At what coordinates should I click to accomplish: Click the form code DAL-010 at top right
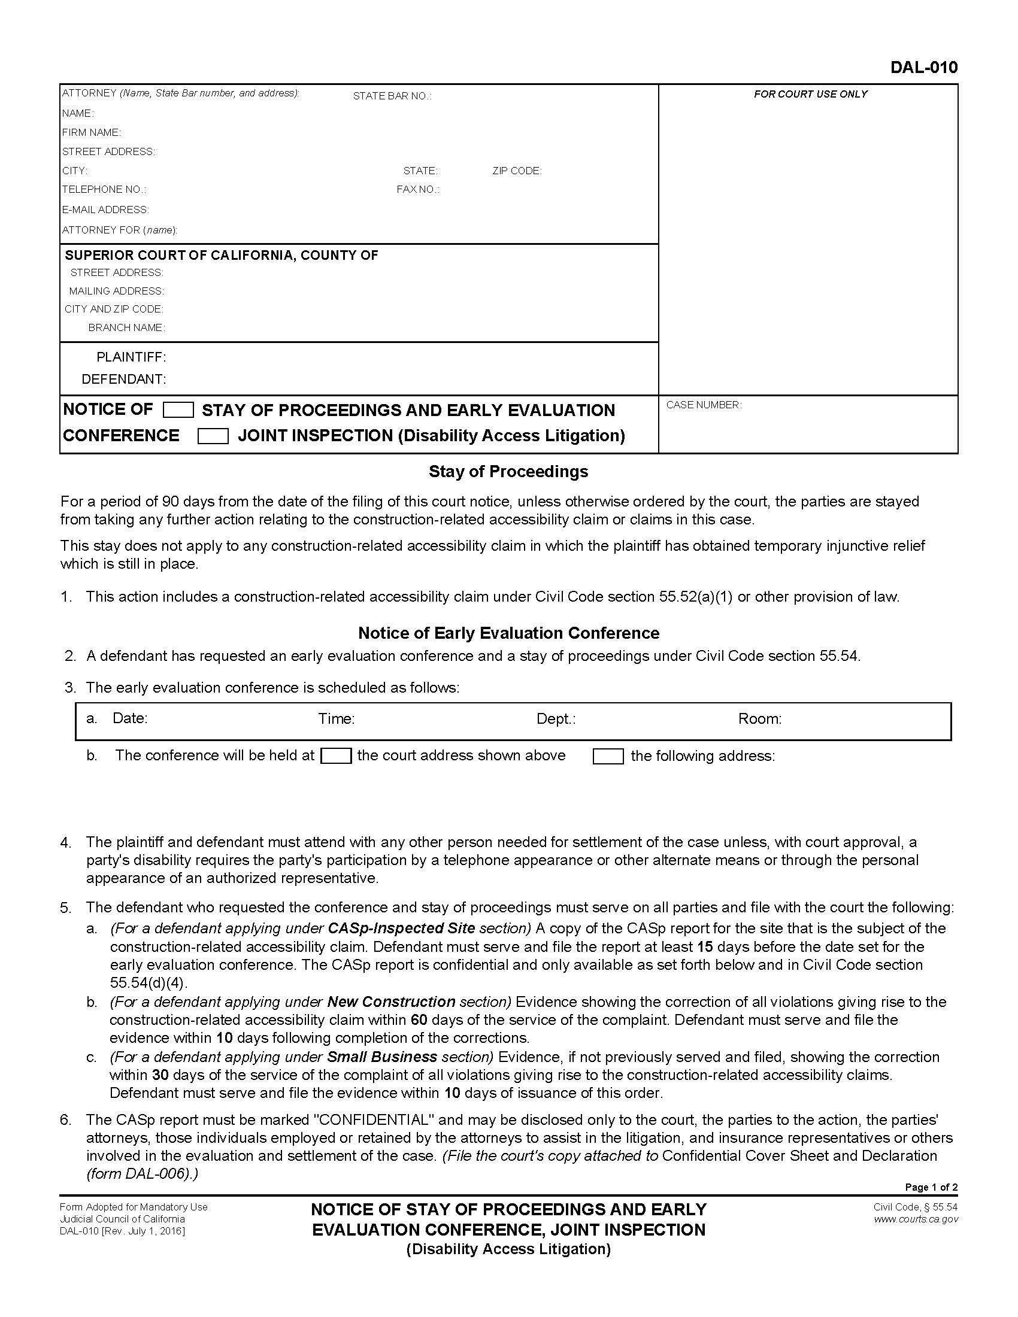click(923, 68)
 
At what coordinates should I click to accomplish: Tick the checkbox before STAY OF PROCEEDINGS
click(178, 411)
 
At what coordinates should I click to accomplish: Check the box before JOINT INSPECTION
click(213, 436)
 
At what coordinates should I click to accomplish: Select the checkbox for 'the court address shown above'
click(336, 755)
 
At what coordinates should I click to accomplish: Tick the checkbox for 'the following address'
click(608, 756)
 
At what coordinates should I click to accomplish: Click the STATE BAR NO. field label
click(392, 96)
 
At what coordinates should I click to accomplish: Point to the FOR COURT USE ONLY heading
click(810, 94)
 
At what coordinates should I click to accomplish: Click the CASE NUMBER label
click(703, 405)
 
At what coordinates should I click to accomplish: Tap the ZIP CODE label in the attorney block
click(517, 171)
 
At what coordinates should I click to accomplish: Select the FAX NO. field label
click(417, 190)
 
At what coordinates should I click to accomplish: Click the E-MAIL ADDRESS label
click(105, 210)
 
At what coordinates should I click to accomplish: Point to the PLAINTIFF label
click(131, 357)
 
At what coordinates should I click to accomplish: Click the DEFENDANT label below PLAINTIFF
click(123, 380)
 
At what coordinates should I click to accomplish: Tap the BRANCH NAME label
click(126, 328)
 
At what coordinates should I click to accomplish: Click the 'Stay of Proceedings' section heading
click(508, 472)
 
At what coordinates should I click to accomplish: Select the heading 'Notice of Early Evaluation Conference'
click(508, 633)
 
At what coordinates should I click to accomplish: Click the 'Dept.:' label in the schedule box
click(556, 719)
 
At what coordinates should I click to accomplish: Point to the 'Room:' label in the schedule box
click(759, 719)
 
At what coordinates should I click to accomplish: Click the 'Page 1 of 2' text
click(931, 1187)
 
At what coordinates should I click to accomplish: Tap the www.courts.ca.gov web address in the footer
click(916, 1219)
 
